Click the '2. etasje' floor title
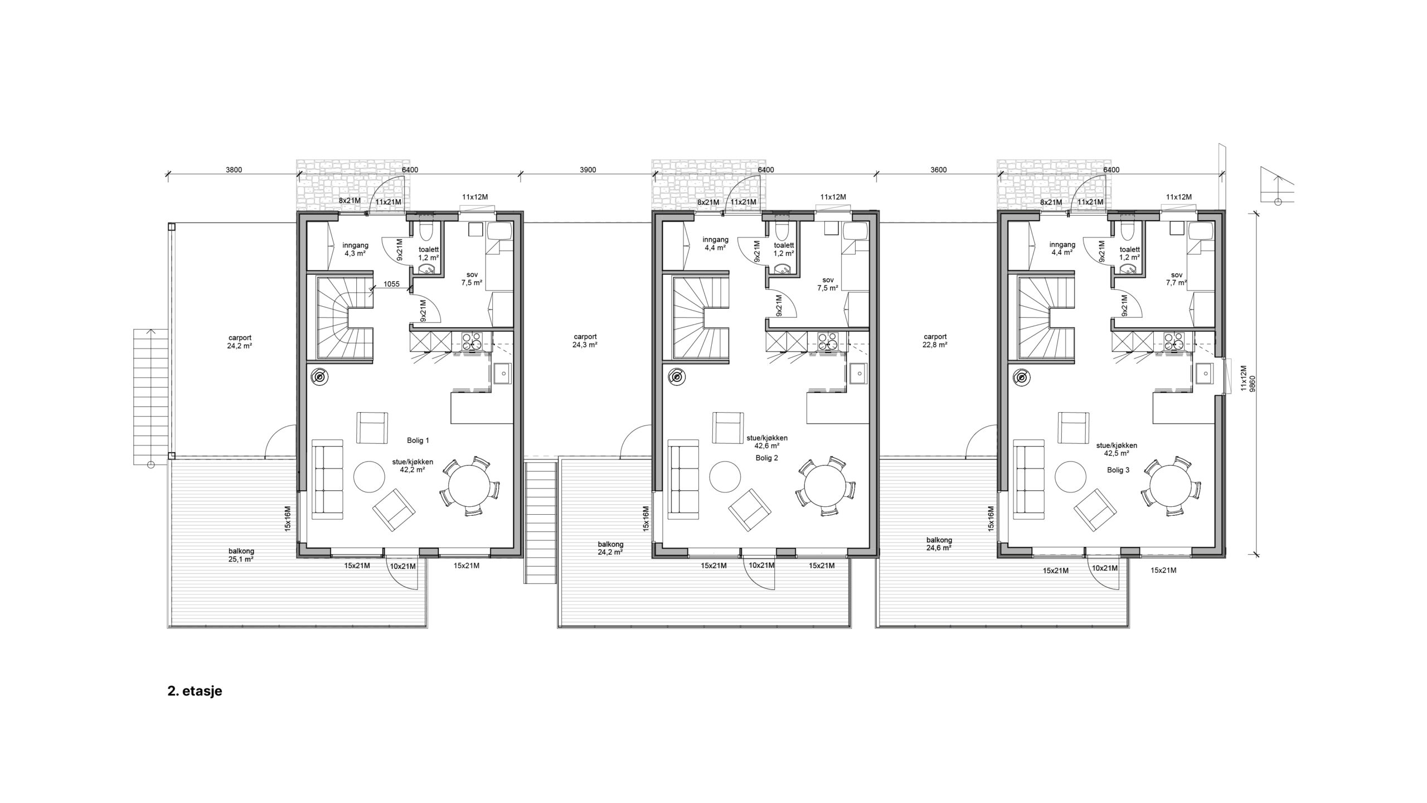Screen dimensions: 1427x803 click(x=195, y=691)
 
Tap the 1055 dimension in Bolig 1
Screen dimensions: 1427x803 click(x=392, y=284)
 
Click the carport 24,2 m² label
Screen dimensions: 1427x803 click(x=240, y=341)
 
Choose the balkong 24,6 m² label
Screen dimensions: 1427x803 click(x=939, y=544)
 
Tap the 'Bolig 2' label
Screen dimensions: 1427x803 click(x=766, y=458)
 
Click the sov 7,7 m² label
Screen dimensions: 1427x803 click(x=1177, y=279)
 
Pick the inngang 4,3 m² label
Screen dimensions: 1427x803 click(x=355, y=249)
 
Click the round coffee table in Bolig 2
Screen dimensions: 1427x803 click(x=725, y=476)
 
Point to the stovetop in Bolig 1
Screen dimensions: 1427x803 click(x=472, y=341)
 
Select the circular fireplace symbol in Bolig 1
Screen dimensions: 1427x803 click(x=319, y=378)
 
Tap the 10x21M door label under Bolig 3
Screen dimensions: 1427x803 click(x=1105, y=568)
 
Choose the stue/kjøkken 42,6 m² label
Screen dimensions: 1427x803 click(x=766, y=442)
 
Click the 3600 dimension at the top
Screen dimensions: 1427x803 click(x=938, y=170)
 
